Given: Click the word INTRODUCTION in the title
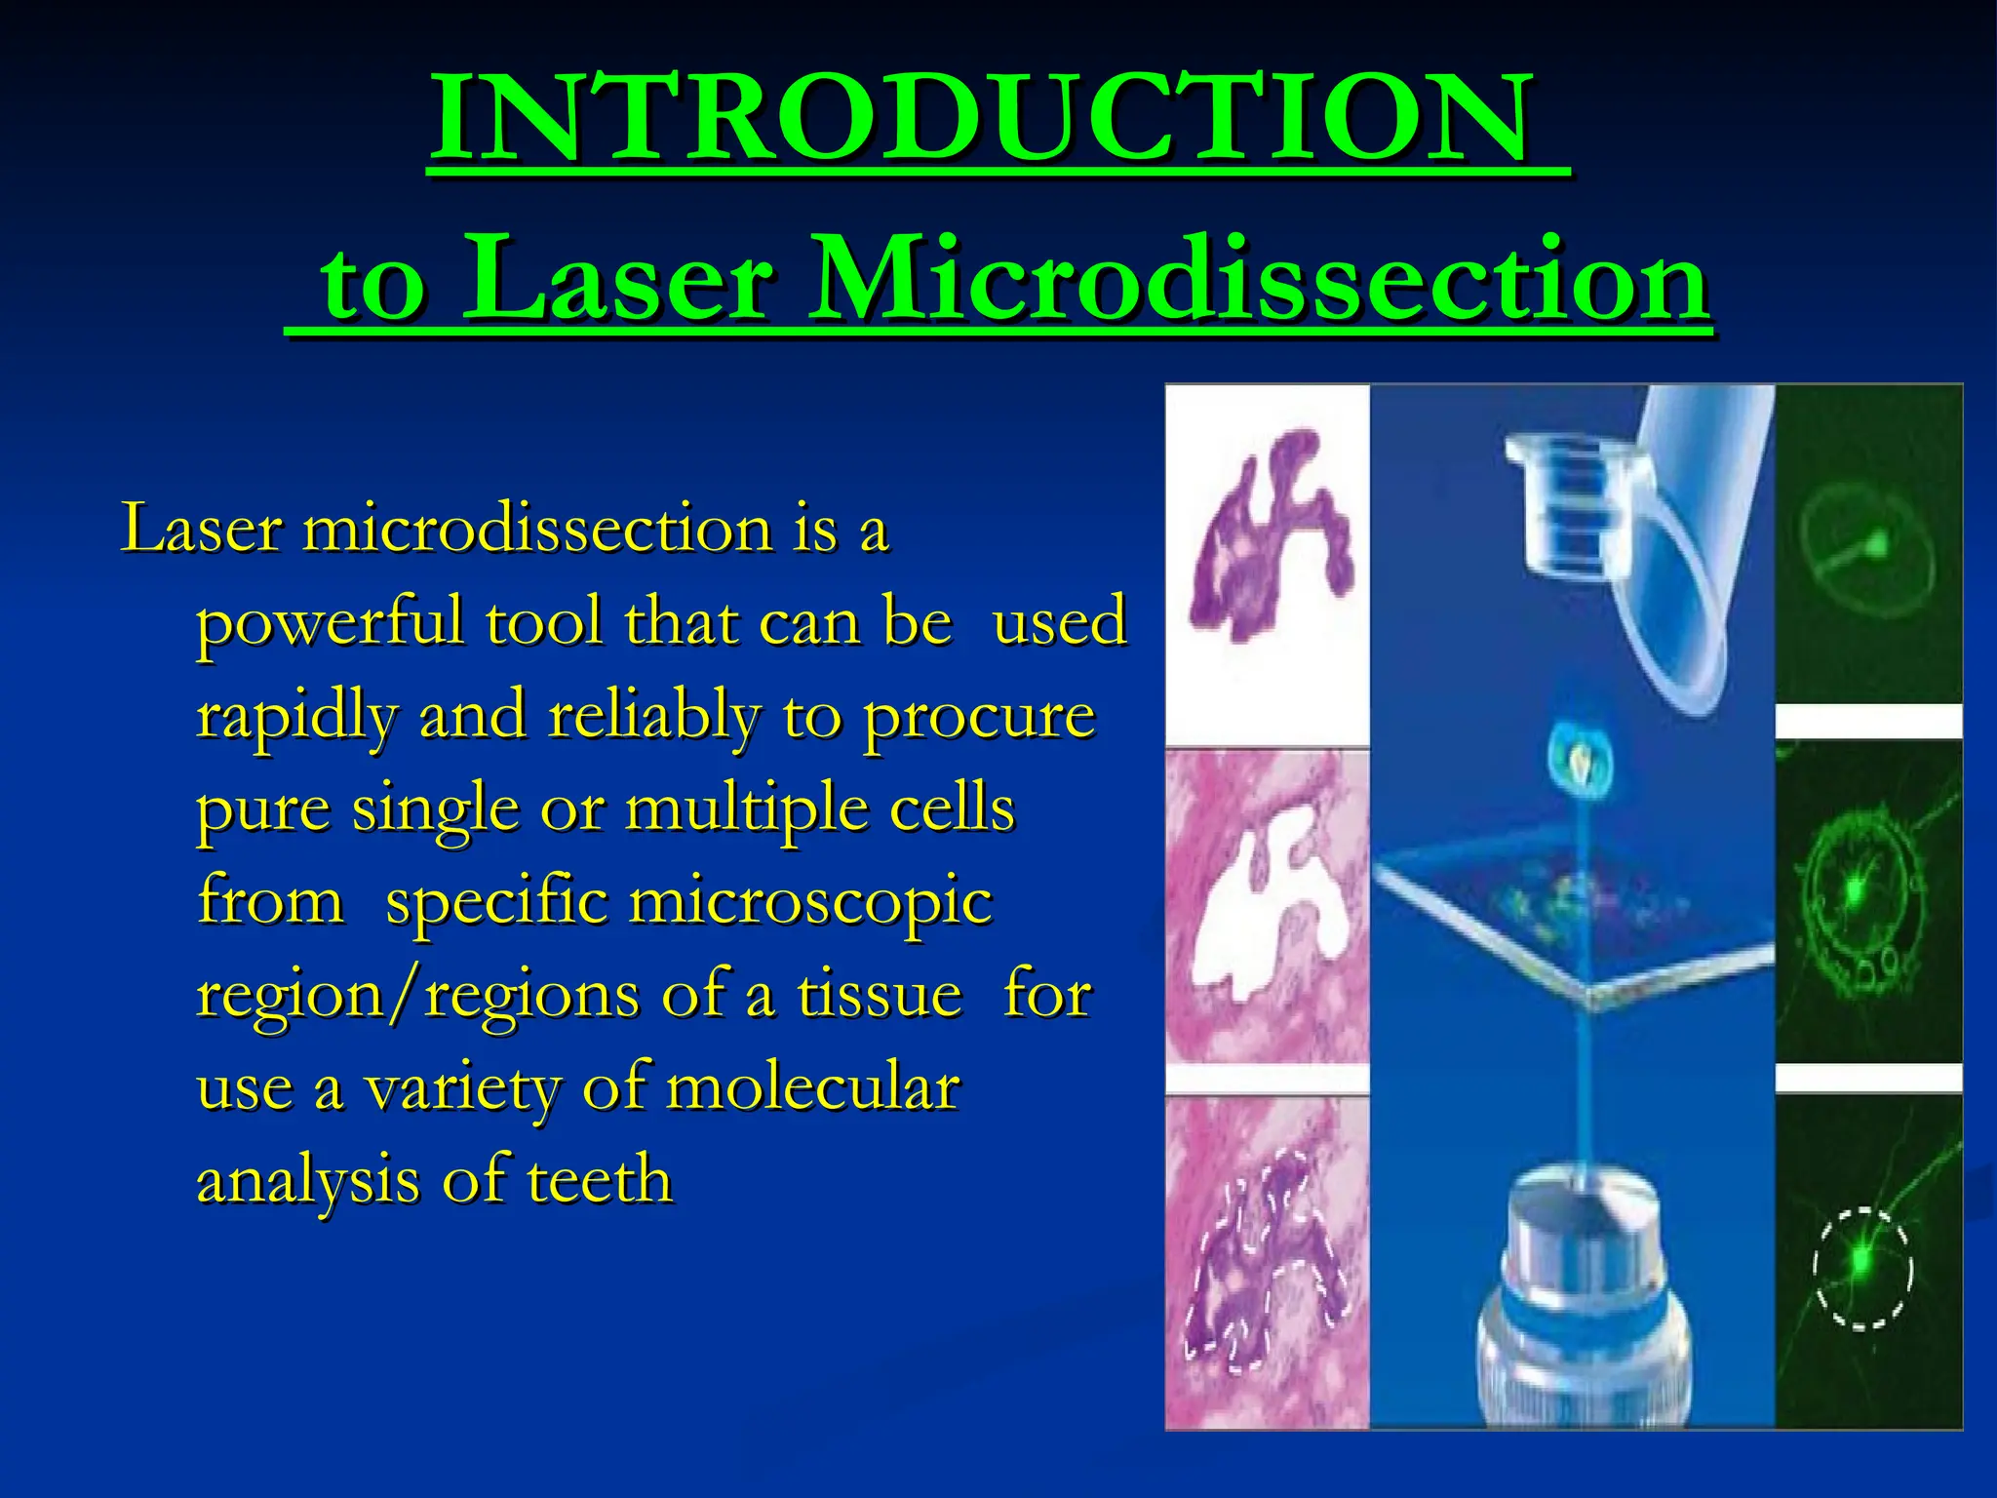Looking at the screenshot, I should pos(980,119).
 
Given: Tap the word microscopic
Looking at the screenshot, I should pos(809,902).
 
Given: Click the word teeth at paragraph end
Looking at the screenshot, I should pos(600,1180).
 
